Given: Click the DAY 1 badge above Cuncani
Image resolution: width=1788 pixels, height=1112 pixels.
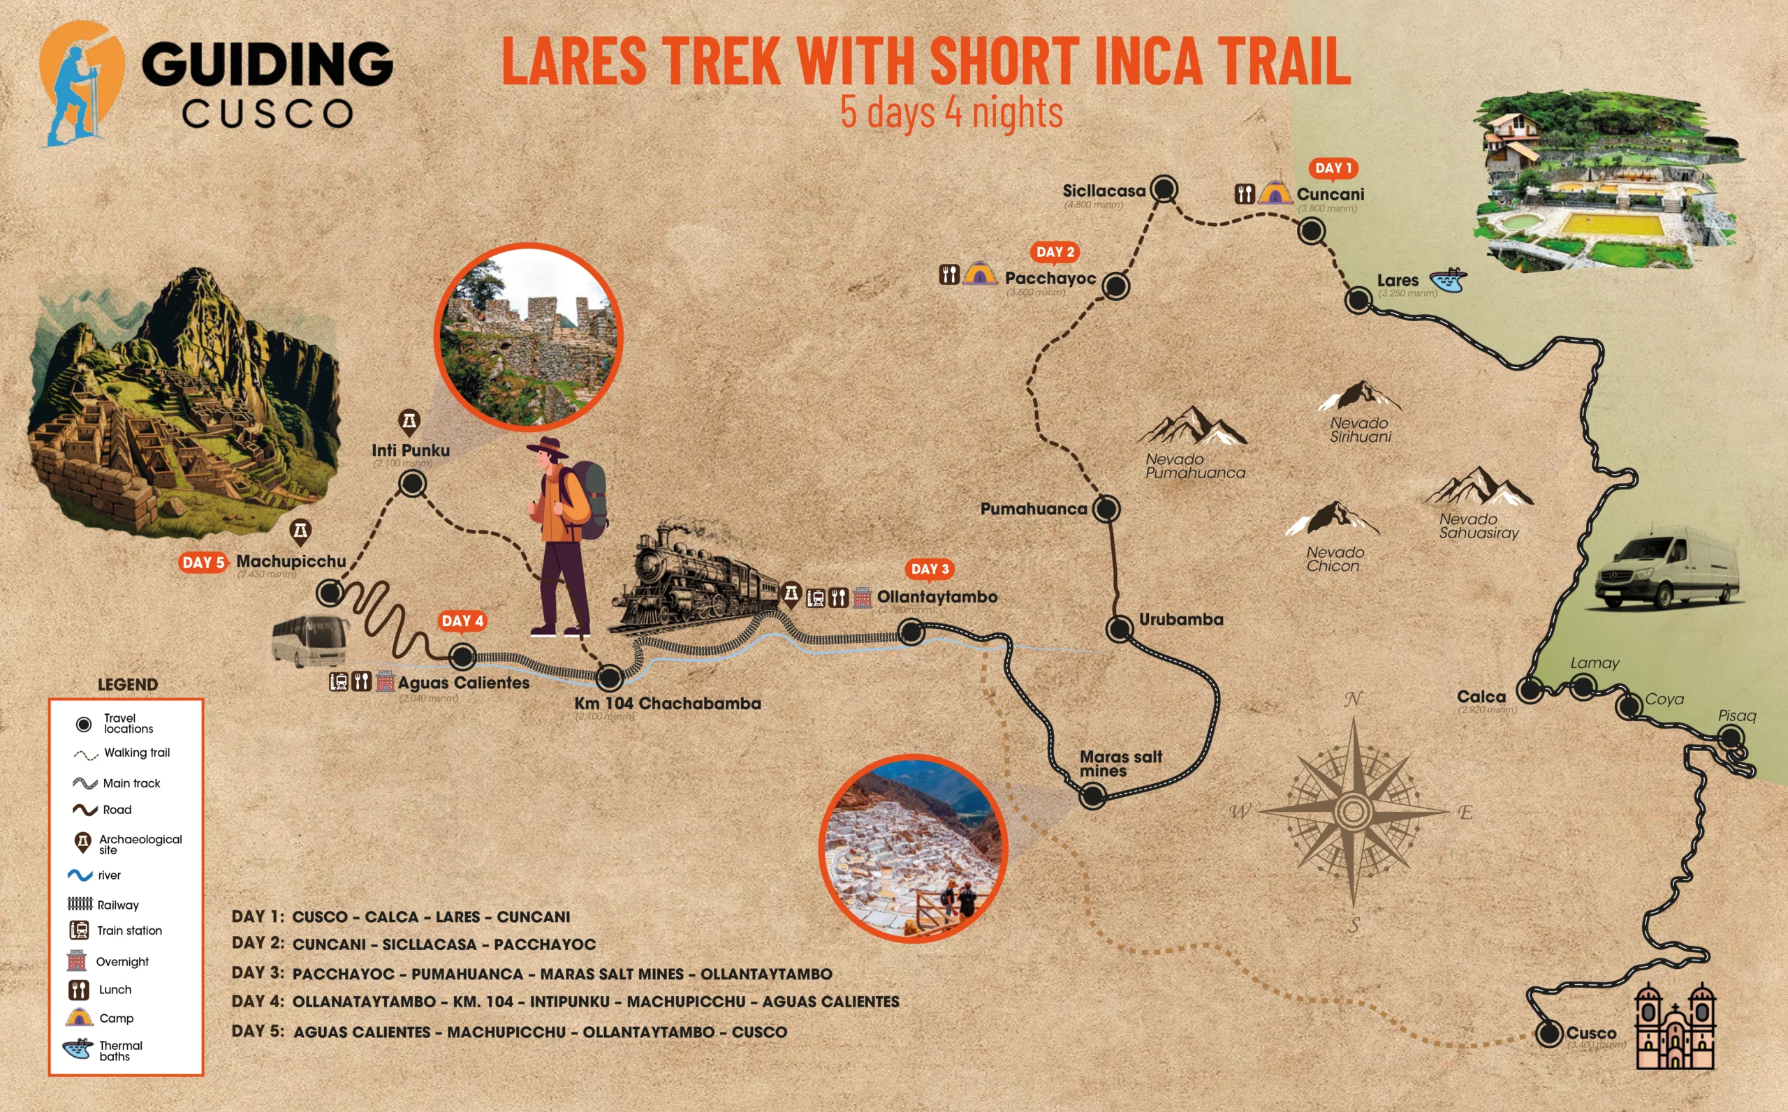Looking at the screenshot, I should pyautogui.click(x=1333, y=168).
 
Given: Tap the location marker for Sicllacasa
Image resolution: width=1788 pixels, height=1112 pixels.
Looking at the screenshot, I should pyautogui.click(x=1164, y=189).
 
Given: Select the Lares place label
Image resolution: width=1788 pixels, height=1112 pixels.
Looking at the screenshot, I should pyautogui.click(x=1398, y=280).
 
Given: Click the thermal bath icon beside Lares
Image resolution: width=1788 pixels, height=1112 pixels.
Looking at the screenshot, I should pyautogui.click(x=1447, y=279).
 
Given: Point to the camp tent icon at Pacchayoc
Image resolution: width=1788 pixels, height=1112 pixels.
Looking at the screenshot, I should pyautogui.click(x=979, y=274).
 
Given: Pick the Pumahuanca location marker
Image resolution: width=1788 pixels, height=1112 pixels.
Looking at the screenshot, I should pyautogui.click(x=1106, y=508).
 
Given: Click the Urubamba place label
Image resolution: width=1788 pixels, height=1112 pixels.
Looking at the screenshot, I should pyautogui.click(x=1181, y=619).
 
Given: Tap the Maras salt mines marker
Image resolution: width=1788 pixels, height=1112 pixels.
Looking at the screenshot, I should pyautogui.click(x=1092, y=794).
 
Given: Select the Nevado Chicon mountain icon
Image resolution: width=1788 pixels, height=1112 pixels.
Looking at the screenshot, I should pyautogui.click(x=1333, y=518).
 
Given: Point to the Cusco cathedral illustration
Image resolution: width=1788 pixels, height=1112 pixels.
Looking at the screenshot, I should pyautogui.click(x=1674, y=1026).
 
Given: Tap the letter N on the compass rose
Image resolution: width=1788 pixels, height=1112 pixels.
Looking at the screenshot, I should pyautogui.click(x=1352, y=699).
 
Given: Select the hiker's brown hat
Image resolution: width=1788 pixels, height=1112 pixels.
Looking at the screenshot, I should pyautogui.click(x=548, y=448).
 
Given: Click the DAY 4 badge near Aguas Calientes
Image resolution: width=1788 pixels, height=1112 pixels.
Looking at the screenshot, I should pyautogui.click(x=462, y=621).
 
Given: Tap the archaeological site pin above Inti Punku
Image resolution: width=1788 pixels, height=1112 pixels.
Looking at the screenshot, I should pyautogui.click(x=409, y=422).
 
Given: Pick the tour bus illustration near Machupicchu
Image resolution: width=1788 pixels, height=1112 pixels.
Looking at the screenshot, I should pyautogui.click(x=310, y=641).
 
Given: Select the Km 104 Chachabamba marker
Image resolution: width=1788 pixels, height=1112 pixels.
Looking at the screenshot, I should pyautogui.click(x=610, y=677).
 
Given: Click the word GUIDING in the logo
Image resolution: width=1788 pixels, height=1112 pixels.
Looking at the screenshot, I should pyautogui.click(x=266, y=64).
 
